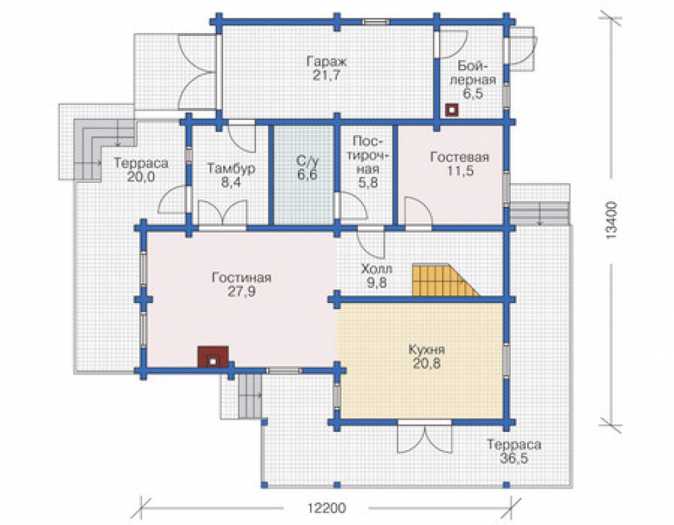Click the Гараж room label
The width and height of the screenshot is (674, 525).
tap(326, 61)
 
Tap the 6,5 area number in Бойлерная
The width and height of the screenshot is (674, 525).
tap(473, 94)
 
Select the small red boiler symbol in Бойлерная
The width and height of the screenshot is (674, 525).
tap(452, 110)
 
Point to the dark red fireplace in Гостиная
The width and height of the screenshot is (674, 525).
tap(213, 357)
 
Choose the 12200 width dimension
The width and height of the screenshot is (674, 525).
tap(327, 508)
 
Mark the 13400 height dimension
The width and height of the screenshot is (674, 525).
tap(611, 220)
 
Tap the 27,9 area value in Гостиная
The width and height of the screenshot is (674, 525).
tap(241, 292)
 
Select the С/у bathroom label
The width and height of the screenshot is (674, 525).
tap(308, 162)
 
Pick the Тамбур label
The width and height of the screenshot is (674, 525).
tap(231, 168)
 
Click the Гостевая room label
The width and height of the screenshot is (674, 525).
tap(460, 157)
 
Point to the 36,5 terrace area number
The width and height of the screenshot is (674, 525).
tap(514, 458)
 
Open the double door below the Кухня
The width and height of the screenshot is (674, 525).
tap(425, 437)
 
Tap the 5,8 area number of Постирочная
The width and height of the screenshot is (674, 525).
tap(368, 182)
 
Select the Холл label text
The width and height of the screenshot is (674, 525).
tap(377, 269)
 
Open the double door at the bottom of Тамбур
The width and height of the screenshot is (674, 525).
tap(222, 214)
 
